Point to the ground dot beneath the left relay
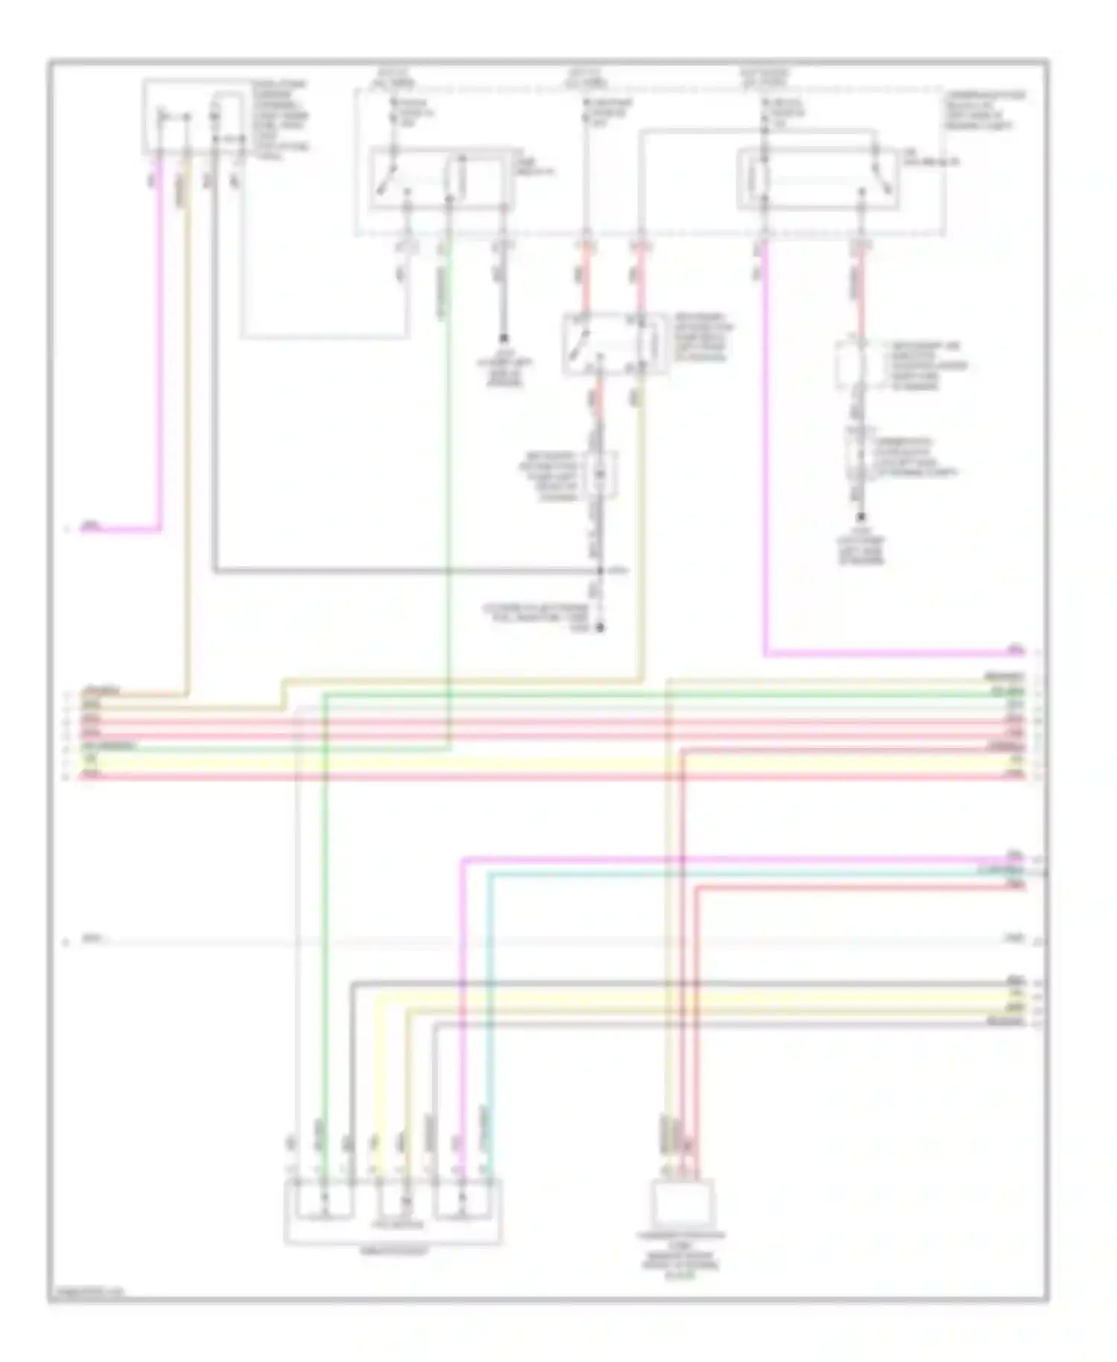pos(504,338)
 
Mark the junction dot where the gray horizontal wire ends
pos(600,571)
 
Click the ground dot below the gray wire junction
pos(600,627)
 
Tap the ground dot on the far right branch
pos(861,516)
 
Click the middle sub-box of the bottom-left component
pos(392,1200)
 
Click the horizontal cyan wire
pos(745,872)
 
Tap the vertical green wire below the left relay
pos(449,522)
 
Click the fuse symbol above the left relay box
pos(395,112)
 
